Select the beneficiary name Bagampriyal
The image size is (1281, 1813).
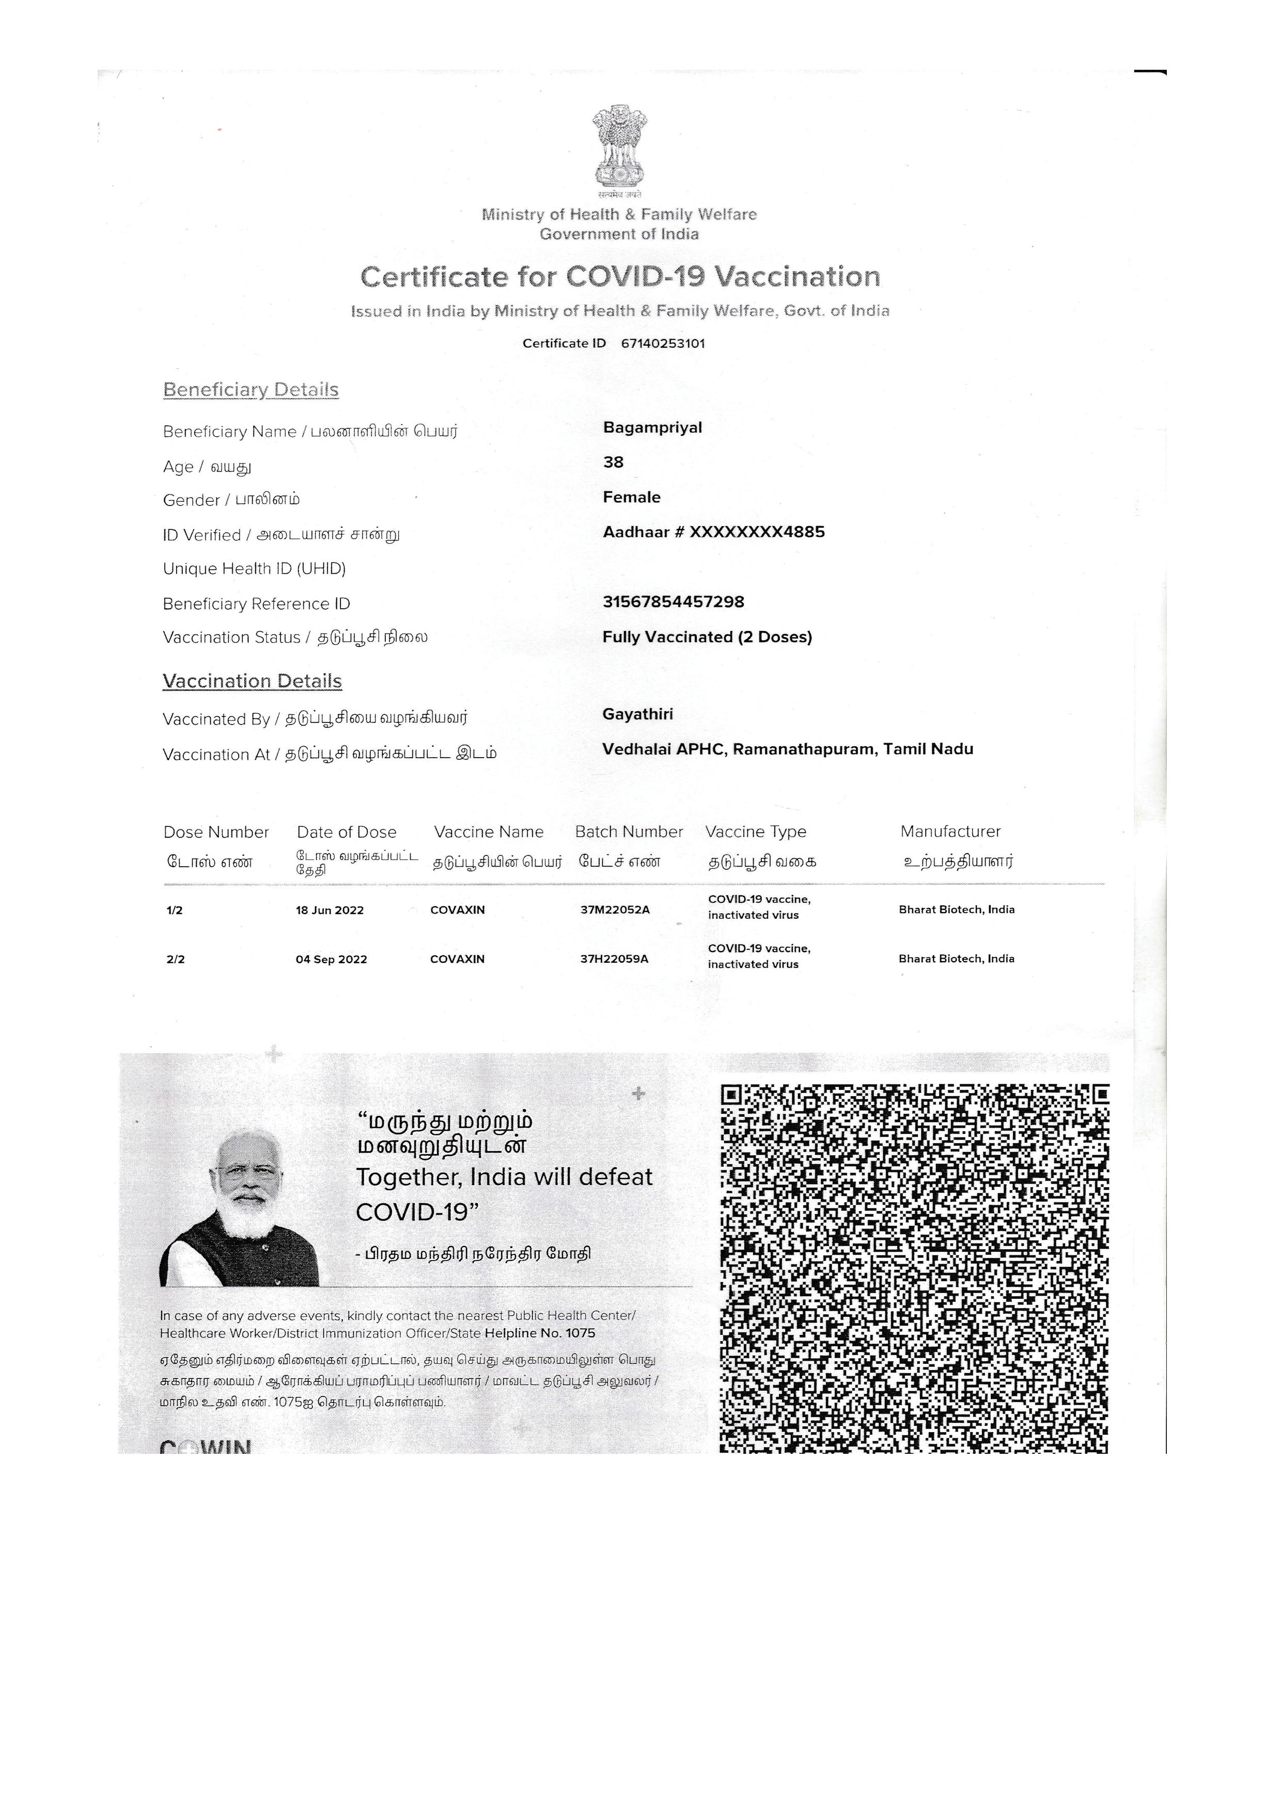click(652, 428)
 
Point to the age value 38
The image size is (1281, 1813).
click(613, 463)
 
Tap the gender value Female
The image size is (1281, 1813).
click(631, 498)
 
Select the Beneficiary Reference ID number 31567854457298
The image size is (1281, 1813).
click(673, 603)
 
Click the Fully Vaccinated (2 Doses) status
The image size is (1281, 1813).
click(707, 637)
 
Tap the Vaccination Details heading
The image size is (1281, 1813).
click(252, 682)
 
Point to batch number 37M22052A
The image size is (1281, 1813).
click(615, 910)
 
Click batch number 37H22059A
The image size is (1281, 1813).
click(614, 959)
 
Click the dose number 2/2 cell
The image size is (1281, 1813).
click(175, 959)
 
